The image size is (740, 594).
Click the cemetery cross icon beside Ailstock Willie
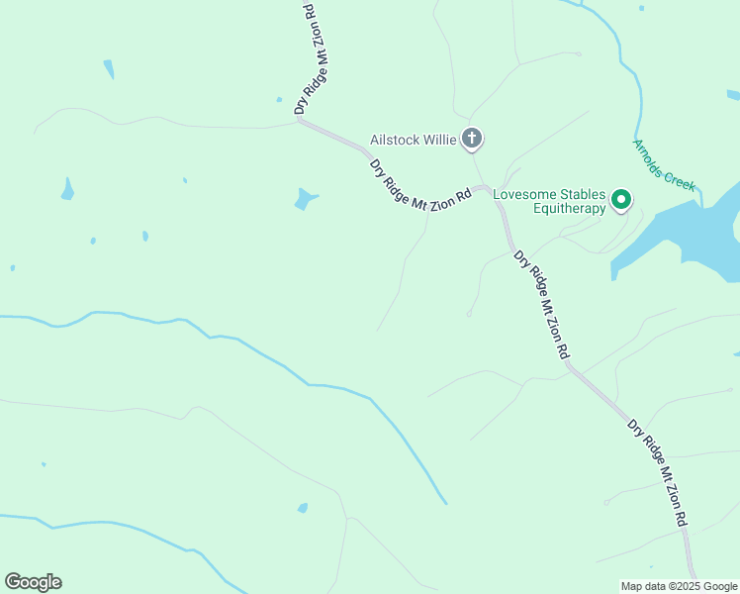click(x=473, y=139)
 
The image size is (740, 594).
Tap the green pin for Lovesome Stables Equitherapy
click(x=621, y=200)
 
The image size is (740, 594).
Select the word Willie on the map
click(x=440, y=140)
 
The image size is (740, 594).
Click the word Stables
click(x=583, y=194)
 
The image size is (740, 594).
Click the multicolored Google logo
click(x=33, y=582)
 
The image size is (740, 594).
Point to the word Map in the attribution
click(x=632, y=586)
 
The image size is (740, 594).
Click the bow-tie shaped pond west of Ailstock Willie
click(x=306, y=199)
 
